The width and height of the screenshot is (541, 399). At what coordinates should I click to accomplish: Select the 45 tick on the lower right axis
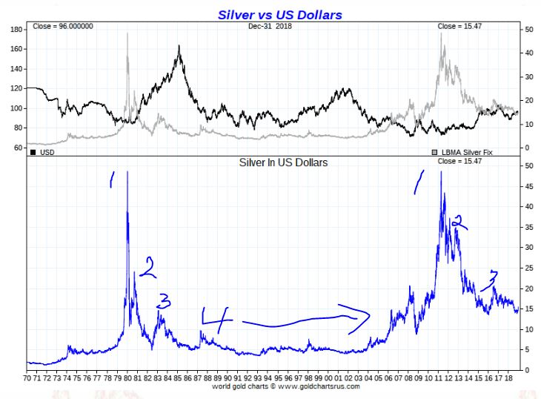click(528, 186)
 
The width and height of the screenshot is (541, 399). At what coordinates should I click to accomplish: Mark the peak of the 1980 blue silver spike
click(127, 172)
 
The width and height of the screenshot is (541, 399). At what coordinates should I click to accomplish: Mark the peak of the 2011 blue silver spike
click(442, 172)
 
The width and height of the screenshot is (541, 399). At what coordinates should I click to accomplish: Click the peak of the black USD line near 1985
click(179, 46)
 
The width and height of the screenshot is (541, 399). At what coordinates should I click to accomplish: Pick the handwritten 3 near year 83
click(164, 300)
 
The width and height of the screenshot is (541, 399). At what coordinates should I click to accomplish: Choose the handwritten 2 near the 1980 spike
click(149, 267)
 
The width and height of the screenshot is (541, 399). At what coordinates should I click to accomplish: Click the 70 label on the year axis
click(27, 377)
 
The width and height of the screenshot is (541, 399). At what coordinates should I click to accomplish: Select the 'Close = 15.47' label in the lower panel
click(454, 161)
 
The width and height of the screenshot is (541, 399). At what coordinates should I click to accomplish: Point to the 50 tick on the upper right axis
click(528, 29)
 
